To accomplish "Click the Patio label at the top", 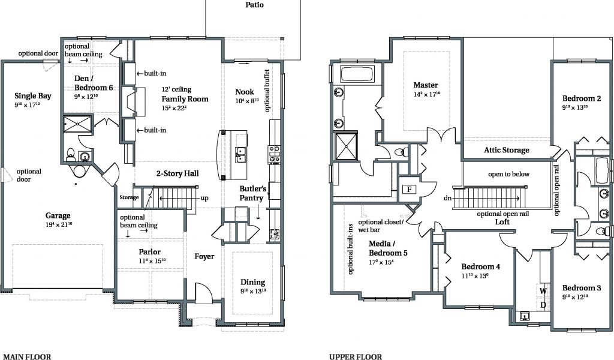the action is click(254, 5).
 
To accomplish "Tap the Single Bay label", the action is click(33, 96).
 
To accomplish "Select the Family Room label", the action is click(185, 99).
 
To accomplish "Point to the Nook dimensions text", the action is click(247, 101).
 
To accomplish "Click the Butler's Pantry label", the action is click(253, 193).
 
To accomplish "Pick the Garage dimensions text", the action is click(59, 224).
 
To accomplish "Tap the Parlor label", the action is click(149, 252).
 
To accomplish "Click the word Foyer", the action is click(204, 257).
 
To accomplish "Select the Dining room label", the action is click(252, 282).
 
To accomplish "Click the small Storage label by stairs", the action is click(130, 197).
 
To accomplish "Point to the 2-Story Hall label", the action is click(177, 173).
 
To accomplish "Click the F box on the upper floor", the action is click(409, 190).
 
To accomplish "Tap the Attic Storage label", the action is click(506, 150).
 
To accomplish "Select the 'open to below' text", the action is click(508, 175).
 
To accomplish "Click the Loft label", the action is click(502, 222).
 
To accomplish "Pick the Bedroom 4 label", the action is click(480, 267).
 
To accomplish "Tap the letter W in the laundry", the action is click(543, 291).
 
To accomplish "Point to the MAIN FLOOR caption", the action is click(27, 356).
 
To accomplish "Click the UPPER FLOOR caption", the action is click(356, 356).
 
